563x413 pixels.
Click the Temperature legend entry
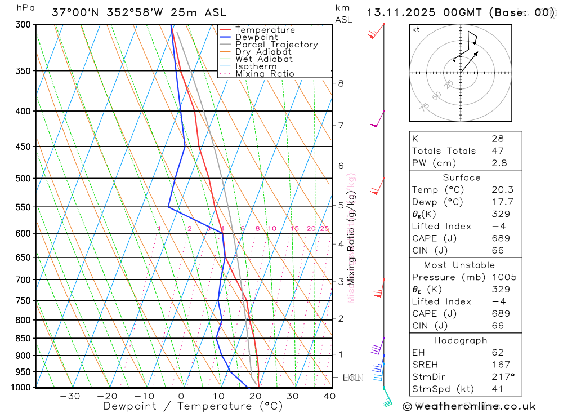click(x=265, y=30)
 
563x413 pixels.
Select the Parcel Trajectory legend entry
click(x=276, y=45)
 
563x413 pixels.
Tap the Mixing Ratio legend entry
click(x=265, y=74)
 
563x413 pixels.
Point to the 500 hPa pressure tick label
click(x=23, y=179)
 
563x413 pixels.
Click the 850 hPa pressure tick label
click(x=23, y=339)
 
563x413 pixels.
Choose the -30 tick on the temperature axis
click(x=70, y=396)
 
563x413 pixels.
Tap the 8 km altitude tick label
click(x=341, y=83)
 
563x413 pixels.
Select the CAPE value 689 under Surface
click(x=501, y=238)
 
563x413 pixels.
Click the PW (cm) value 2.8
click(x=499, y=163)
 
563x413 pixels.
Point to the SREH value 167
click(x=501, y=365)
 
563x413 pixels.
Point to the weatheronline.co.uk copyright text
click(x=470, y=406)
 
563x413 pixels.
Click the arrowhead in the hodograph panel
click(x=477, y=53)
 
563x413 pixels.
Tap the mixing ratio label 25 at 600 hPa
click(x=324, y=228)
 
